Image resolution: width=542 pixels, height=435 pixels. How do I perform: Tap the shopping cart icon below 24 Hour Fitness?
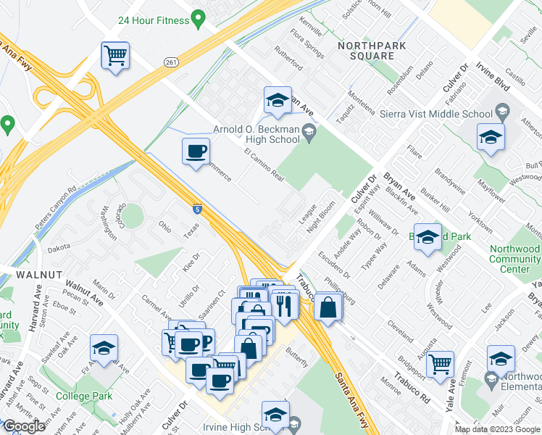[x=116, y=56]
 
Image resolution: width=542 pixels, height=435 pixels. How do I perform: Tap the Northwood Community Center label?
[x=514, y=259]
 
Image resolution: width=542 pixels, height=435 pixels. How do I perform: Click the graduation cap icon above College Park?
[x=104, y=349]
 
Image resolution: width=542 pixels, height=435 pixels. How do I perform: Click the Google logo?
[x=24, y=426]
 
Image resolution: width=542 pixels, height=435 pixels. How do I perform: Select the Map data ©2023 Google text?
[x=497, y=429]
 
